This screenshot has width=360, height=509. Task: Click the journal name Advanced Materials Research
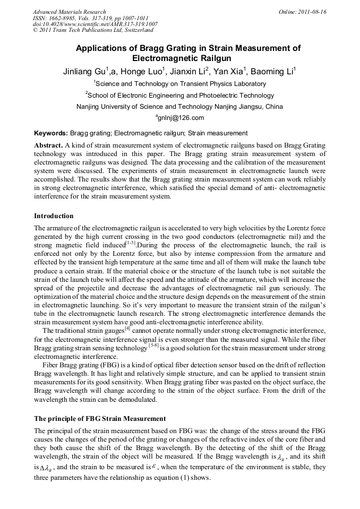[x=69, y=11]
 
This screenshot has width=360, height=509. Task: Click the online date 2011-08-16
[x=311, y=11]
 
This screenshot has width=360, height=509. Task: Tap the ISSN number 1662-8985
[x=66, y=18]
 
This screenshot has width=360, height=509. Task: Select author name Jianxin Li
[x=191, y=71]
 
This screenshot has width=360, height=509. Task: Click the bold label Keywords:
[x=51, y=133]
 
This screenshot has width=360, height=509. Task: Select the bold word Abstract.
[x=48, y=145]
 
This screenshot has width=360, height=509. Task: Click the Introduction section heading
[x=54, y=216]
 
